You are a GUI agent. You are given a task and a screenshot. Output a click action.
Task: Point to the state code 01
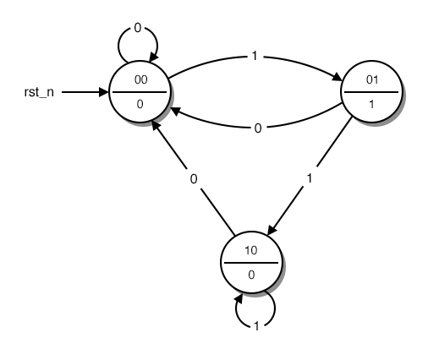point(370,81)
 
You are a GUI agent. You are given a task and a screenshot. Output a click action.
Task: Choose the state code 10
point(250,250)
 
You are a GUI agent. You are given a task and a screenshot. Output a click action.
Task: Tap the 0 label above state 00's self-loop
point(138,28)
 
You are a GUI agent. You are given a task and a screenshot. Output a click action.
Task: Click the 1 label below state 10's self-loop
point(258,325)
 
